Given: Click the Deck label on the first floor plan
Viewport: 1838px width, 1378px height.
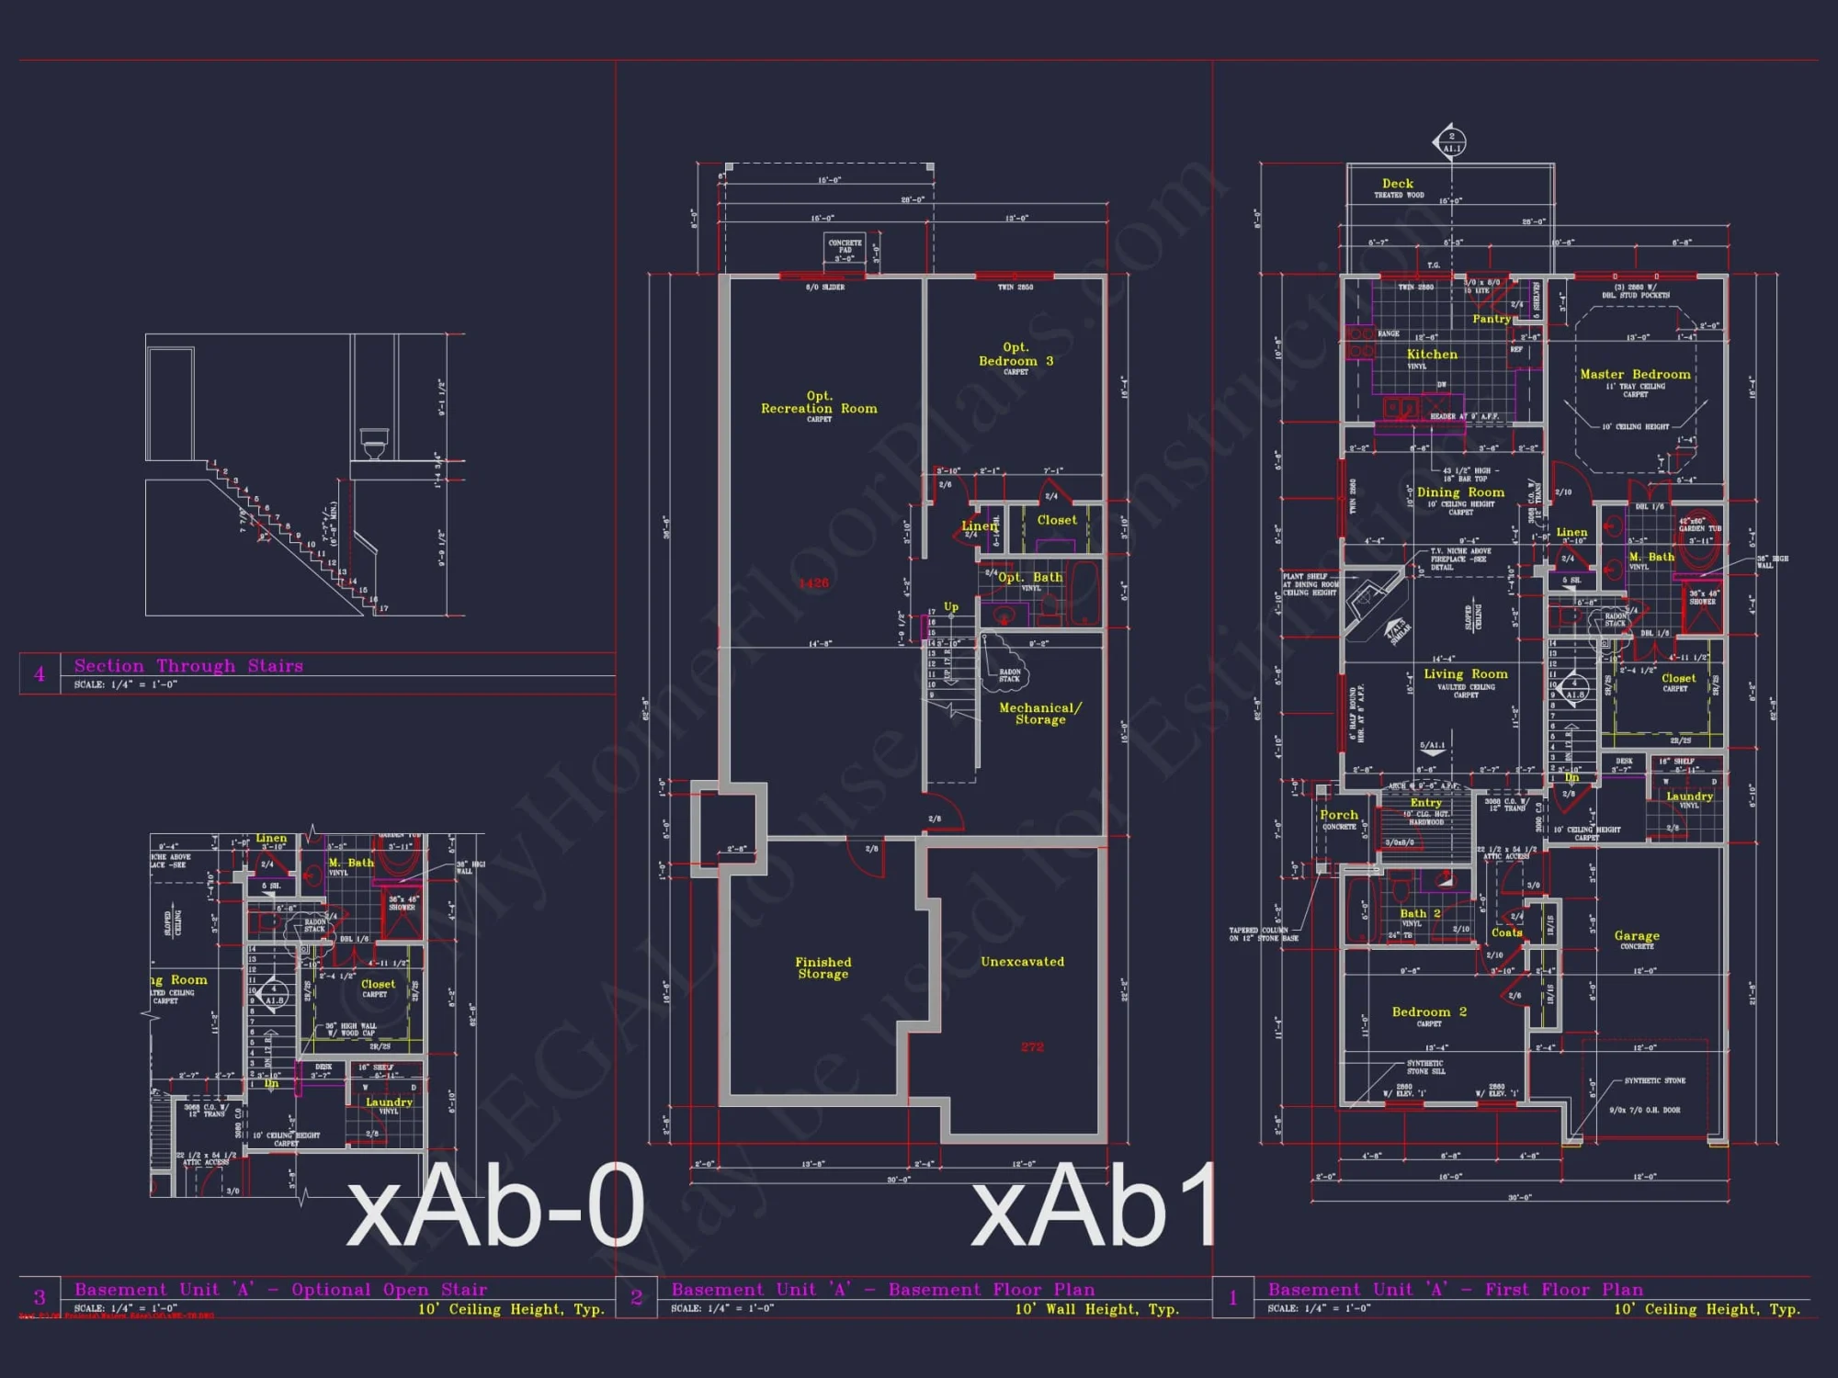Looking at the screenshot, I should (1398, 184).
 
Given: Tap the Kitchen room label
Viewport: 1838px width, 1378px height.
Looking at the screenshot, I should (1432, 355).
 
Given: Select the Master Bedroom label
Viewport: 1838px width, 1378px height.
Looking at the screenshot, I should (1635, 375).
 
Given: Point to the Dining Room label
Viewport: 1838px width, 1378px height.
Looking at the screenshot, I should (1460, 492).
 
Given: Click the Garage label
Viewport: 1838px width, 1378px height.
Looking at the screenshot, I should (1637, 936).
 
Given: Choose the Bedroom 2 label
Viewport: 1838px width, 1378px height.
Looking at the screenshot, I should (1429, 1012).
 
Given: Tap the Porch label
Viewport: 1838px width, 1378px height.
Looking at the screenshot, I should (1339, 815).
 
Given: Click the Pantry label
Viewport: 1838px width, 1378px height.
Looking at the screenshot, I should (1492, 319).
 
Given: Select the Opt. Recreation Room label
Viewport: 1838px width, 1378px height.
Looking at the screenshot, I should (819, 402).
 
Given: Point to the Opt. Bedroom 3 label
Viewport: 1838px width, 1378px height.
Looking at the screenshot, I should (1015, 355).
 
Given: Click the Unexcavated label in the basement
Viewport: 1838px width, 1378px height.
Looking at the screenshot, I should (1022, 962).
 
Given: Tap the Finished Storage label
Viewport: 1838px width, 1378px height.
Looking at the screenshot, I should (823, 968).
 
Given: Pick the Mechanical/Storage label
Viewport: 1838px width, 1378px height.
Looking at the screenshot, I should (1040, 714).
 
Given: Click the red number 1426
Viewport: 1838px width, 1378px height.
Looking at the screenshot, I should (813, 583).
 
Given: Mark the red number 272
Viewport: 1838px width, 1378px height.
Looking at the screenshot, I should (1032, 1047).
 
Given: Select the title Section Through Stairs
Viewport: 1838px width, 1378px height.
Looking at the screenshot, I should (188, 666).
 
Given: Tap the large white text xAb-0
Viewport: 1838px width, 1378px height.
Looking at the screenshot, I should (495, 1205).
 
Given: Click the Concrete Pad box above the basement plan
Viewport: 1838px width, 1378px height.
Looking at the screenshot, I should (845, 249).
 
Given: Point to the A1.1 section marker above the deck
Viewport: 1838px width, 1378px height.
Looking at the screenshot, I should (1450, 142).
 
